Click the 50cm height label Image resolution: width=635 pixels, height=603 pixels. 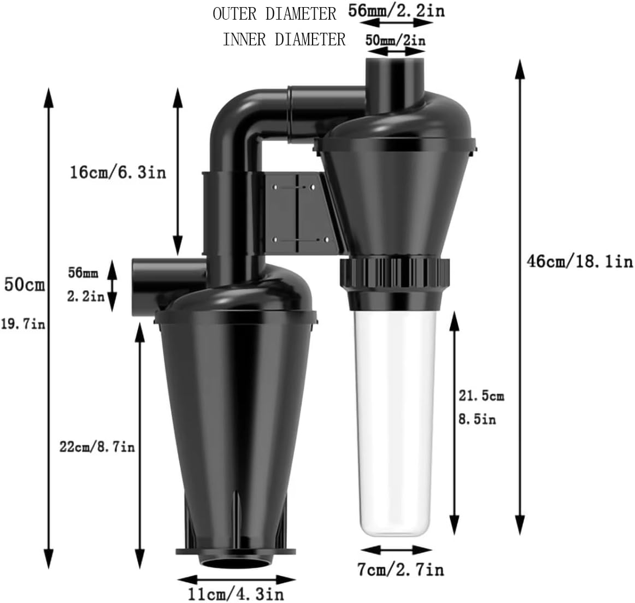(25, 285)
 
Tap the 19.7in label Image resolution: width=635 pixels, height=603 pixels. (23, 324)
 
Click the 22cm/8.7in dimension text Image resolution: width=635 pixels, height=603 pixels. (97, 447)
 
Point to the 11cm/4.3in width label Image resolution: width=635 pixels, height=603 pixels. (236, 593)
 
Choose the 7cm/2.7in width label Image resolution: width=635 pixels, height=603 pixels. (401, 570)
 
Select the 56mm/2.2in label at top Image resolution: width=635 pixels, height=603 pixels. (397, 11)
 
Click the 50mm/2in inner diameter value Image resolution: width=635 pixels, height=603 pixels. (396, 39)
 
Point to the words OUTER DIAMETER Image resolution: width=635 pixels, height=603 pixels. (274, 14)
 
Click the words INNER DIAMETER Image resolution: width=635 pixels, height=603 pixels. (284, 39)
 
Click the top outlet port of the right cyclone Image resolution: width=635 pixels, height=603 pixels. (395, 76)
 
